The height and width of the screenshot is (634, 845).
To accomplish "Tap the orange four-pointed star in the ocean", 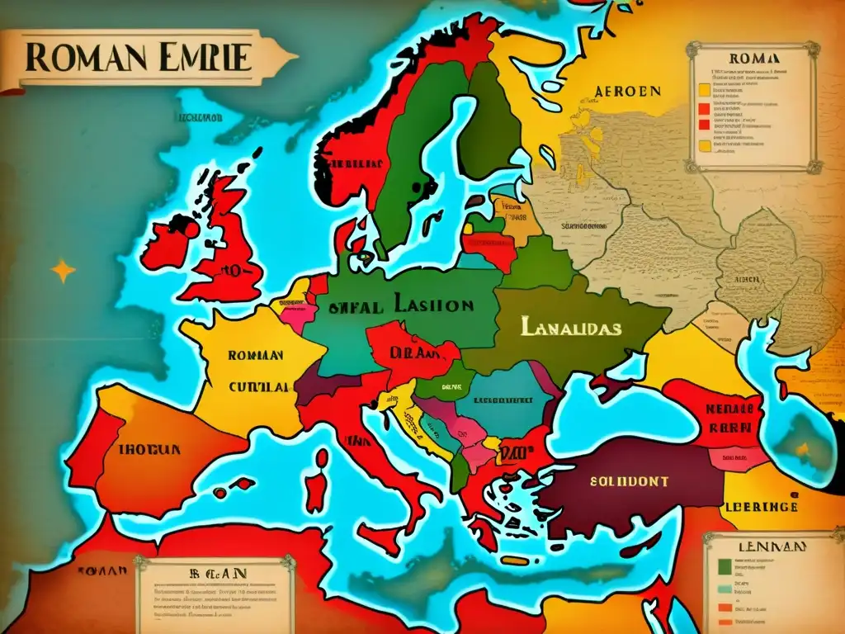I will coord(63,270).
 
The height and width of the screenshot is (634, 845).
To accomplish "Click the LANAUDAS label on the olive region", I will coord(570,327).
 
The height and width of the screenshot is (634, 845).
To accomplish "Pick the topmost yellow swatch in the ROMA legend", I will coord(704,87).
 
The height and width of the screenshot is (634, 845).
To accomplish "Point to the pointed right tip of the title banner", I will coord(295,56).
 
